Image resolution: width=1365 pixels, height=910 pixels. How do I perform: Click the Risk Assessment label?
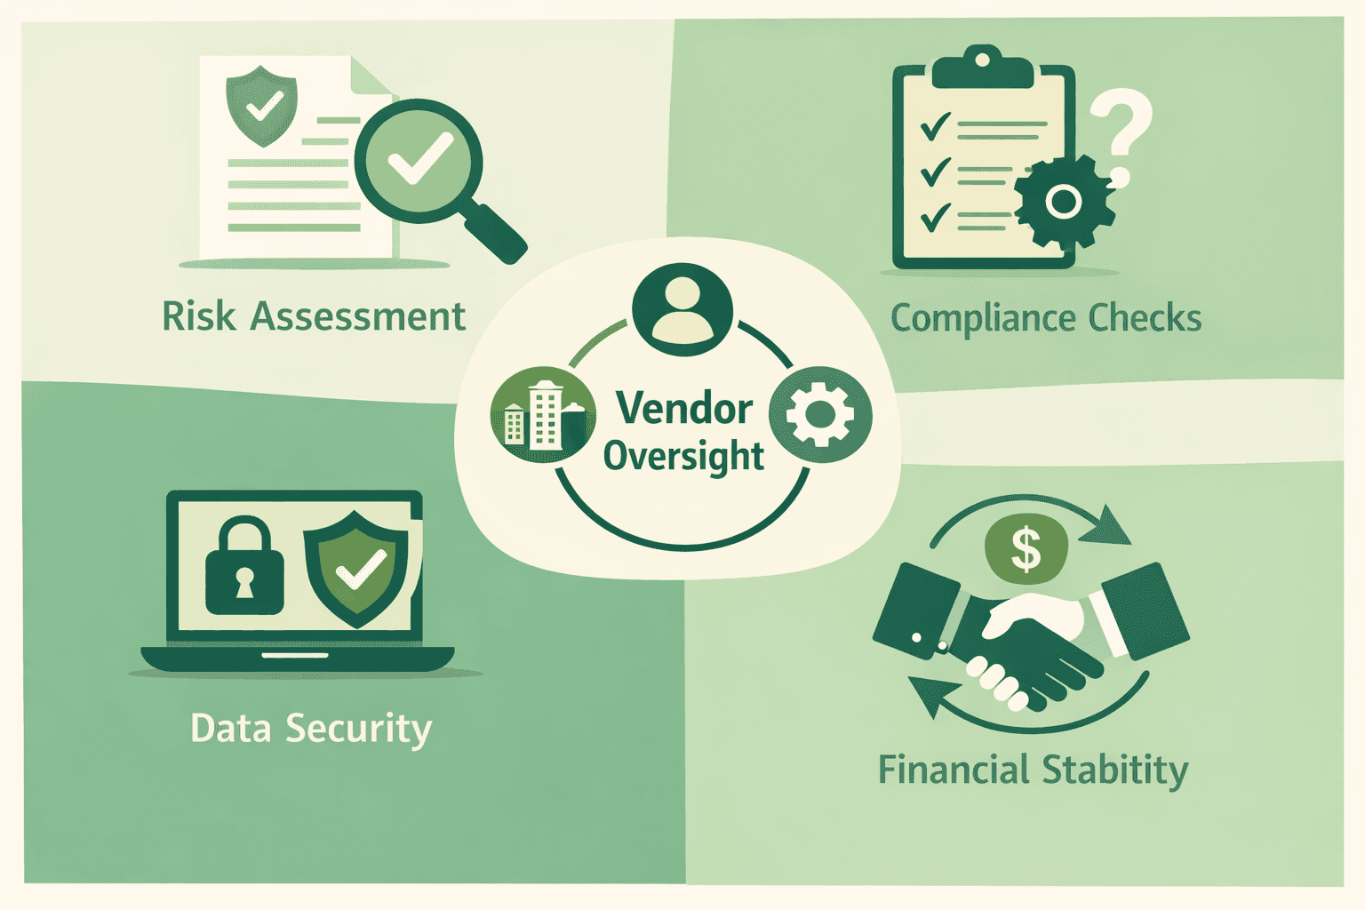click(x=313, y=316)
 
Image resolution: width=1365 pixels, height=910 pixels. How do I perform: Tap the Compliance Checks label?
click(x=1045, y=318)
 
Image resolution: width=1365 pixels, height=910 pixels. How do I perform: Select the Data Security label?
click(x=311, y=729)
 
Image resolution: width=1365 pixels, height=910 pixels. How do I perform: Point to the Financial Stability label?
click(x=1033, y=770)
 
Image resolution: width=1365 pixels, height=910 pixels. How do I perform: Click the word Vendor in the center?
click(x=684, y=409)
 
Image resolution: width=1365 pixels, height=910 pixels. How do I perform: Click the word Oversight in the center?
click(x=683, y=456)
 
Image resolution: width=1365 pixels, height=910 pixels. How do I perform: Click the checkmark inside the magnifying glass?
click(x=419, y=159)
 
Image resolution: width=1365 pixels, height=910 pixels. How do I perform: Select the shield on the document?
click(x=261, y=104)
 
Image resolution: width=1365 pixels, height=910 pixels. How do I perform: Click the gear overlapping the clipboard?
click(x=1063, y=202)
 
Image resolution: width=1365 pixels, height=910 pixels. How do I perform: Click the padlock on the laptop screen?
click(x=244, y=570)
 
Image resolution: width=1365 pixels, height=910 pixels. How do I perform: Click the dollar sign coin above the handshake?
click(x=1026, y=548)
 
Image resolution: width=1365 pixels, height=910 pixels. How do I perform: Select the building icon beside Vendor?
click(x=542, y=415)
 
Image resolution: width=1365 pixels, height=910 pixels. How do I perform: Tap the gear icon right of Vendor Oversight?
click(x=819, y=414)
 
